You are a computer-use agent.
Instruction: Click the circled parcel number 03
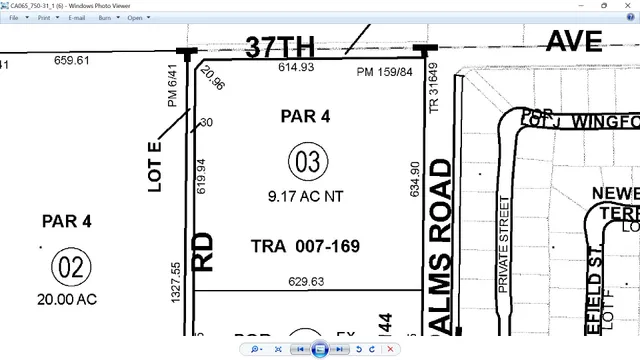pyautogui.click(x=309, y=161)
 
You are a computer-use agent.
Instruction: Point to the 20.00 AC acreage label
pyautogui.click(x=69, y=299)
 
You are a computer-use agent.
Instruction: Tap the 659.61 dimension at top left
pyautogui.click(x=71, y=60)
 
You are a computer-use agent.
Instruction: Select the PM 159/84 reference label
pyautogui.click(x=384, y=72)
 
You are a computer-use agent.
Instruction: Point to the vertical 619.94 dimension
pyautogui.click(x=201, y=176)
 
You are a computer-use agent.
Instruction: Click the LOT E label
pyautogui.click(x=156, y=159)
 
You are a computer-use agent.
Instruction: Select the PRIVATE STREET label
pyautogui.click(x=504, y=244)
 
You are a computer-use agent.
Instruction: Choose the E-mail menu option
pyautogui.click(x=76, y=18)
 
